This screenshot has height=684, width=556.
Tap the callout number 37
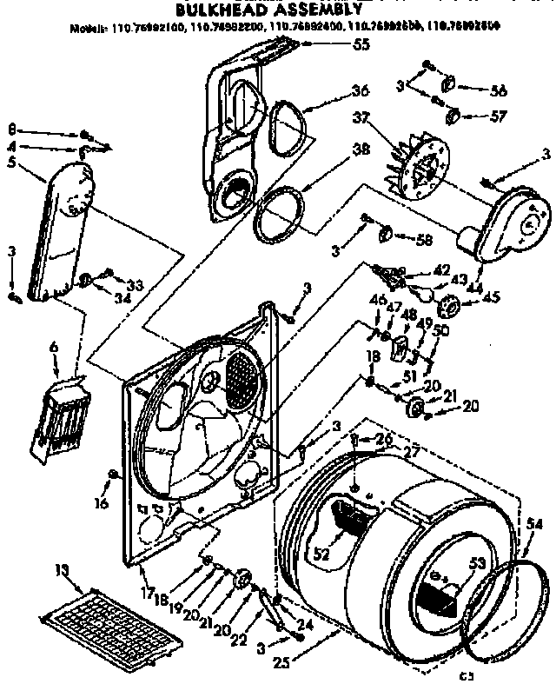337,117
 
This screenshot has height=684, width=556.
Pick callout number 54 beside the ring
534,523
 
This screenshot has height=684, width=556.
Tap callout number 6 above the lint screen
54,346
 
